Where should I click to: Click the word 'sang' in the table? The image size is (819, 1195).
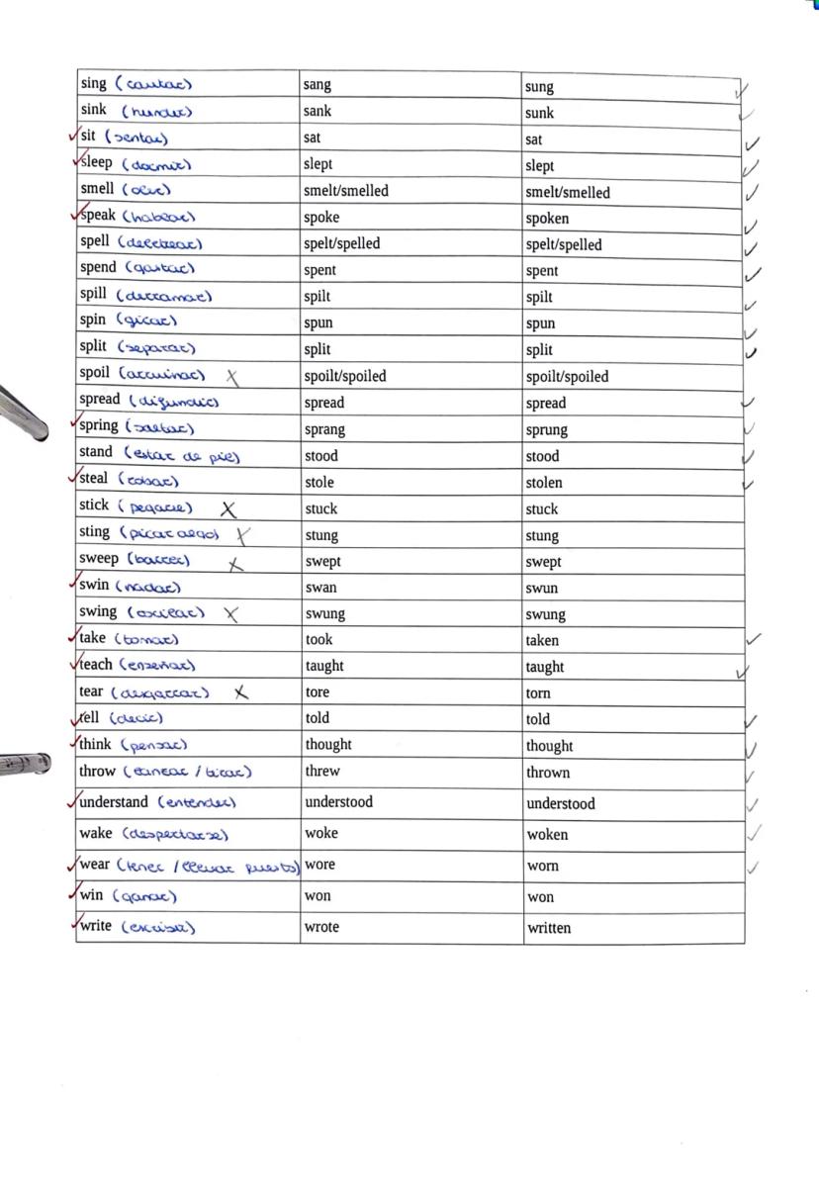pyautogui.click(x=318, y=86)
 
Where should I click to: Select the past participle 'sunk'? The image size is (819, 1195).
pyautogui.click(x=539, y=113)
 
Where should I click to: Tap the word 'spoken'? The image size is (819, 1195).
pyautogui.click(x=547, y=219)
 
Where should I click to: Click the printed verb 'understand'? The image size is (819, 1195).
pyautogui.click(x=114, y=802)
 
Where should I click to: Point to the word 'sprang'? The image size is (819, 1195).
pyautogui.click(x=324, y=429)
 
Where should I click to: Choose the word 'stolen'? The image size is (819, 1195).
pyautogui.click(x=544, y=483)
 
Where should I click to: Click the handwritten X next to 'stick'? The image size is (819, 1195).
pyautogui.click(x=228, y=509)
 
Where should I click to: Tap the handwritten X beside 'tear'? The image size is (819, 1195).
pyautogui.click(x=240, y=692)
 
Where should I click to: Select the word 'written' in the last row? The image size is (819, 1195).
pyautogui.click(x=548, y=928)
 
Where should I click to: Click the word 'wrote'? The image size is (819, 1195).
pyautogui.click(x=322, y=927)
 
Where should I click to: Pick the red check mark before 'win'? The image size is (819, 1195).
pyautogui.click(x=72, y=893)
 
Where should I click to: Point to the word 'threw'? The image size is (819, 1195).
pyautogui.click(x=322, y=771)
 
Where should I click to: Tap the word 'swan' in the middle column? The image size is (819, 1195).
pyautogui.click(x=320, y=588)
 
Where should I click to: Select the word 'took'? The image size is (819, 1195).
pyautogui.click(x=318, y=639)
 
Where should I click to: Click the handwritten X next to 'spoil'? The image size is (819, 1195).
pyautogui.click(x=232, y=377)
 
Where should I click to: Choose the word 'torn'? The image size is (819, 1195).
pyautogui.click(x=538, y=693)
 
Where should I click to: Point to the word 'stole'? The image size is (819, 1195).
pyautogui.click(x=319, y=483)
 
